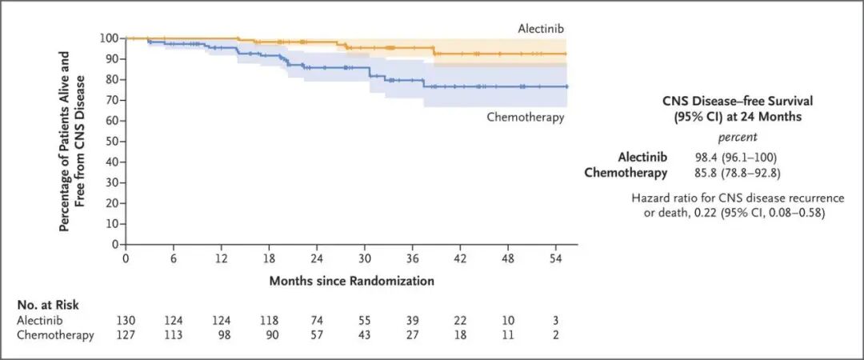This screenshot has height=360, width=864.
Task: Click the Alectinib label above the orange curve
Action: click(x=541, y=28)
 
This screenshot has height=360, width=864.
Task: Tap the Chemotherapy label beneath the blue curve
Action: click(x=526, y=118)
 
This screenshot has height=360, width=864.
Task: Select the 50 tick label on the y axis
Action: click(x=113, y=141)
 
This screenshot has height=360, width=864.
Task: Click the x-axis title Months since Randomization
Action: click(x=351, y=281)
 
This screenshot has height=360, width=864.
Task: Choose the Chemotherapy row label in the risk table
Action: click(x=55, y=334)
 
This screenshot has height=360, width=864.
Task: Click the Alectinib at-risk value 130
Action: click(x=126, y=320)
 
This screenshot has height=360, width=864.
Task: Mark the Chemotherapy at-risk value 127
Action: click(x=126, y=334)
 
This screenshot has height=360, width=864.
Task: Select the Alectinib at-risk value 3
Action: click(x=556, y=320)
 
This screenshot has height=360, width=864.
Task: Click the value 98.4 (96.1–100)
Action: click(x=729, y=158)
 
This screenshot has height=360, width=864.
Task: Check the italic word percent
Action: click(x=738, y=137)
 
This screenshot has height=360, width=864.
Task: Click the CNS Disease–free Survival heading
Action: click(x=738, y=107)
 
